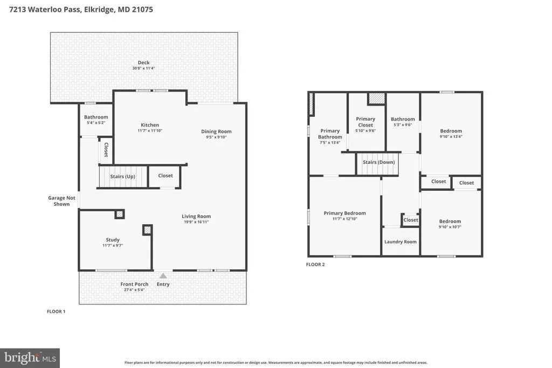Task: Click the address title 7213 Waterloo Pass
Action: [x=45, y=10]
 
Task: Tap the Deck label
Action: [x=143, y=63]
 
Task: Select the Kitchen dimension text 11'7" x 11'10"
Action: [x=150, y=130]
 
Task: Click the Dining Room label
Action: [x=216, y=131]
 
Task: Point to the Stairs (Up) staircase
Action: [x=123, y=177]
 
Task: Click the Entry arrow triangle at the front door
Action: [x=163, y=275]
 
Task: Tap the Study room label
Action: [x=113, y=240]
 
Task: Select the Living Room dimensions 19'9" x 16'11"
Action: [x=196, y=222]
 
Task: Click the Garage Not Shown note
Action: [x=61, y=201]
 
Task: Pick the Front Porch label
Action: [x=134, y=284]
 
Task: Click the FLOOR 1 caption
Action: [x=56, y=311]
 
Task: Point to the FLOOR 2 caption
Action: [x=315, y=265]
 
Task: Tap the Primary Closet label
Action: [x=365, y=122]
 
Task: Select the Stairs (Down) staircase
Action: [x=378, y=164]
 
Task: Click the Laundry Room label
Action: [x=401, y=242]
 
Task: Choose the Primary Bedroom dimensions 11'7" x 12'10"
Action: [x=344, y=219]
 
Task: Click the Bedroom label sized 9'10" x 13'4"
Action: [x=451, y=131]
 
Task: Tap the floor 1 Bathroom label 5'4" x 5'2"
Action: [x=96, y=117]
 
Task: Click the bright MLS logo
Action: [x=30, y=358]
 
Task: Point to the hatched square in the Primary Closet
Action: [x=377, y=98]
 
